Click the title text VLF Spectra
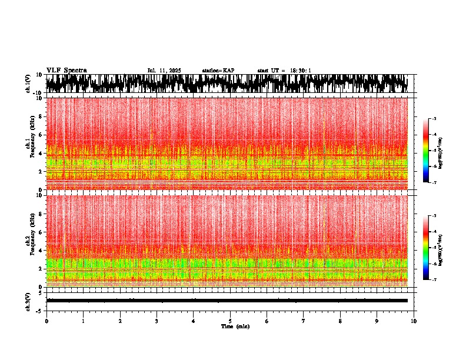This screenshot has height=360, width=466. coord(66,70)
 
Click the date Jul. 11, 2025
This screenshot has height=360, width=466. coord(164,71)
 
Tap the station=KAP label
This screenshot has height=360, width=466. coord(218,71)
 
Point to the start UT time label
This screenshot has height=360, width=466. coord(284,71)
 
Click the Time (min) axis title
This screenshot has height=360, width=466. coord(235,326)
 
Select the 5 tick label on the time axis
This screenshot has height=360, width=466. coord(230,321)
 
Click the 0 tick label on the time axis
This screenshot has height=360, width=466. coord(46,321)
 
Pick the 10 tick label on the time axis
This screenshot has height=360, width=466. coord(414,321)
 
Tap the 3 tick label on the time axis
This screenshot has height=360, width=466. coord(157,321)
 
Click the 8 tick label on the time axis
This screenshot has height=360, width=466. coord(340,321)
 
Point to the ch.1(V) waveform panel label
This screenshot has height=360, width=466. coord(28,84)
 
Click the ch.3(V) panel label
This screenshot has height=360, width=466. coord(28,301)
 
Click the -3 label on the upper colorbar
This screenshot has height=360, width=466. coord(434,119)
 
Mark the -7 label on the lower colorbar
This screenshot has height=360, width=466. coord(434,279)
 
